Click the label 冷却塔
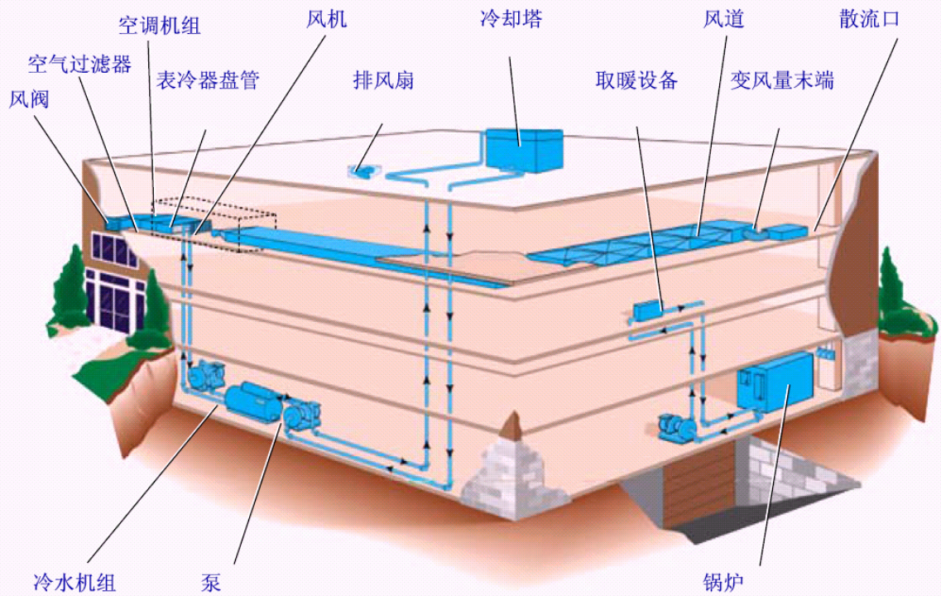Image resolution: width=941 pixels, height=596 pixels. pos(511,19)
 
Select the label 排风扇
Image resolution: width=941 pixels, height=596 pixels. pos(383,80)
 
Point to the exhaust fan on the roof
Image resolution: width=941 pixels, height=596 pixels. pos(362,170)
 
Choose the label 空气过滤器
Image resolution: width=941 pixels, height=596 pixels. pos(79,65)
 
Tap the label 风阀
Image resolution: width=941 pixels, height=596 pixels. pos(30,100)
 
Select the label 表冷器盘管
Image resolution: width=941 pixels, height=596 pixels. pos(209,80)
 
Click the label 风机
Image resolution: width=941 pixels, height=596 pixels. pos(322,19)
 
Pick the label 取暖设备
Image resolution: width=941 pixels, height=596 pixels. pos(636,80)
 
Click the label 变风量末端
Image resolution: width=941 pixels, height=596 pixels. pos(781,80)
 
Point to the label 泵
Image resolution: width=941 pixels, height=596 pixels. pos(211,582)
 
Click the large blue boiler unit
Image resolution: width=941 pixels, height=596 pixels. pos(775,382)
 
